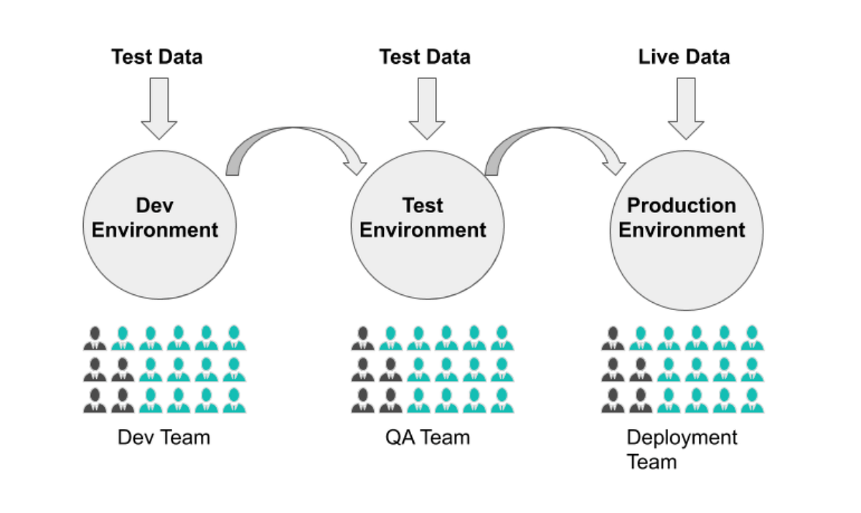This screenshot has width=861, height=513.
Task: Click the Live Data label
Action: click(x=683, y=57)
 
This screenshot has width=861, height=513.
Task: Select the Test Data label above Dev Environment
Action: click(x=156, y=57)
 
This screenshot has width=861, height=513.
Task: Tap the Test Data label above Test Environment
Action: click(x=425, y=57)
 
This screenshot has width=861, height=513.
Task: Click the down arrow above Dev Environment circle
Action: click(x=159, y=108)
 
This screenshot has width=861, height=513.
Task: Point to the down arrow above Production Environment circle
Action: click(x=686, y=108)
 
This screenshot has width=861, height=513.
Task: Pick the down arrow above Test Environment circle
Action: click(x=427, y=108)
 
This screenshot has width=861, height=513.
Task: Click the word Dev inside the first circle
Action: click(x=154, y=206)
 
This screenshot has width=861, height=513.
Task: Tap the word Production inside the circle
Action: click(x=682, y=206)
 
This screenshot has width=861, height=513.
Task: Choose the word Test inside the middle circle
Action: click(x=423, y=206)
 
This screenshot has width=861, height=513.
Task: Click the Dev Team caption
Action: click(x=164, y=436)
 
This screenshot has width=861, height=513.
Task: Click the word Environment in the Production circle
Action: click(x=682, y=230)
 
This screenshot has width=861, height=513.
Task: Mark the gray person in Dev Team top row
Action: click(x=95, y=338)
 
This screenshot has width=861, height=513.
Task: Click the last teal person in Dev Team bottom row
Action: click(x=234, y=400)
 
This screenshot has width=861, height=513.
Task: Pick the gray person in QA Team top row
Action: click(x=363, y=338)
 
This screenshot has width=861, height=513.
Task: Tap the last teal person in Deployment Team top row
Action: click(x=752, y=338)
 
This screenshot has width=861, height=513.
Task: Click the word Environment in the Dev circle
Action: click(x=155, y=230)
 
